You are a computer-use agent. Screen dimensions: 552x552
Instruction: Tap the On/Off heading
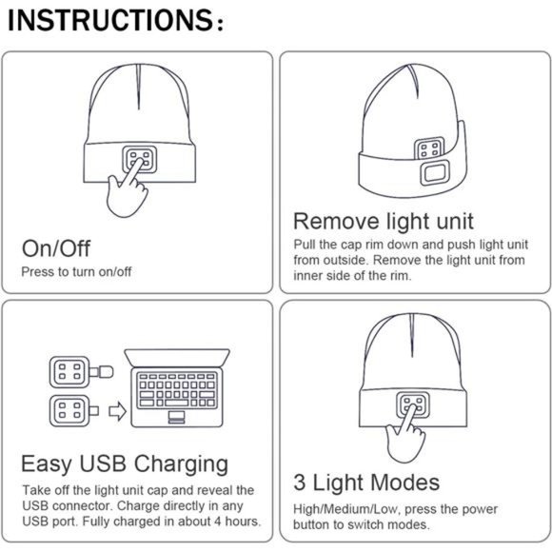tap(56, 248)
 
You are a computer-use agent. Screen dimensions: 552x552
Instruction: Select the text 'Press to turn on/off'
tap(76, 272)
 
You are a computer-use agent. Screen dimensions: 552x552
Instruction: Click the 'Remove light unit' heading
tap(383, 222)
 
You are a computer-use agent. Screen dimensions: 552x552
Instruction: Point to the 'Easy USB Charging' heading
tap(125, 463)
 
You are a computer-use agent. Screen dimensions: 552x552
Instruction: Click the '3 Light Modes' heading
tap(365, 482)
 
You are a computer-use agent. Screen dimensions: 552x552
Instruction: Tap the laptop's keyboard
tap(176, 388)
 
